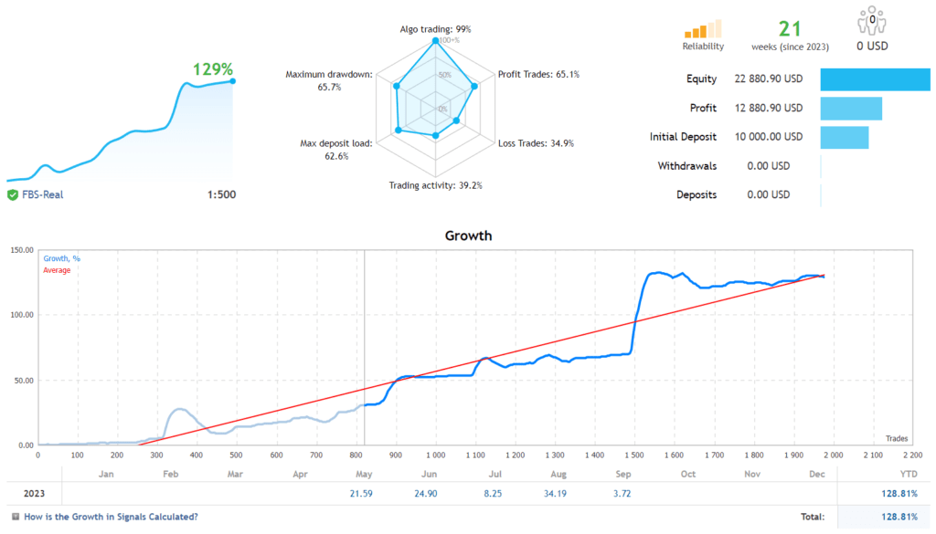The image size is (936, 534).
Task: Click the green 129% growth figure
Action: [213, 69]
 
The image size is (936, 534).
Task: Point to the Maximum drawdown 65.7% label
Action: [328, 80]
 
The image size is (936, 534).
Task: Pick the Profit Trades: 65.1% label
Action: [538, 74]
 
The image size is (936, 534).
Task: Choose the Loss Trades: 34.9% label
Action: [536, 143]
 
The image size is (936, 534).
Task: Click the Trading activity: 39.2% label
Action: [435, 185]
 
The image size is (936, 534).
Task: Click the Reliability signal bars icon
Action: [703, 30]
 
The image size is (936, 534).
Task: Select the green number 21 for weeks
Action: [789, 28]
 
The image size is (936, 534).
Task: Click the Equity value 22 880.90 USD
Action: [768, 79]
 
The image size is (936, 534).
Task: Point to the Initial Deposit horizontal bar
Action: [845, 137]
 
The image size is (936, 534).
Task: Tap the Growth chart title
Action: [468, 236]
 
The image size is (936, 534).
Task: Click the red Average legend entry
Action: [57, 270]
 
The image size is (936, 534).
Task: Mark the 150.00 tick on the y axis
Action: [21, 250]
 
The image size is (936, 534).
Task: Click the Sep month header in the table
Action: [623, 474]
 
